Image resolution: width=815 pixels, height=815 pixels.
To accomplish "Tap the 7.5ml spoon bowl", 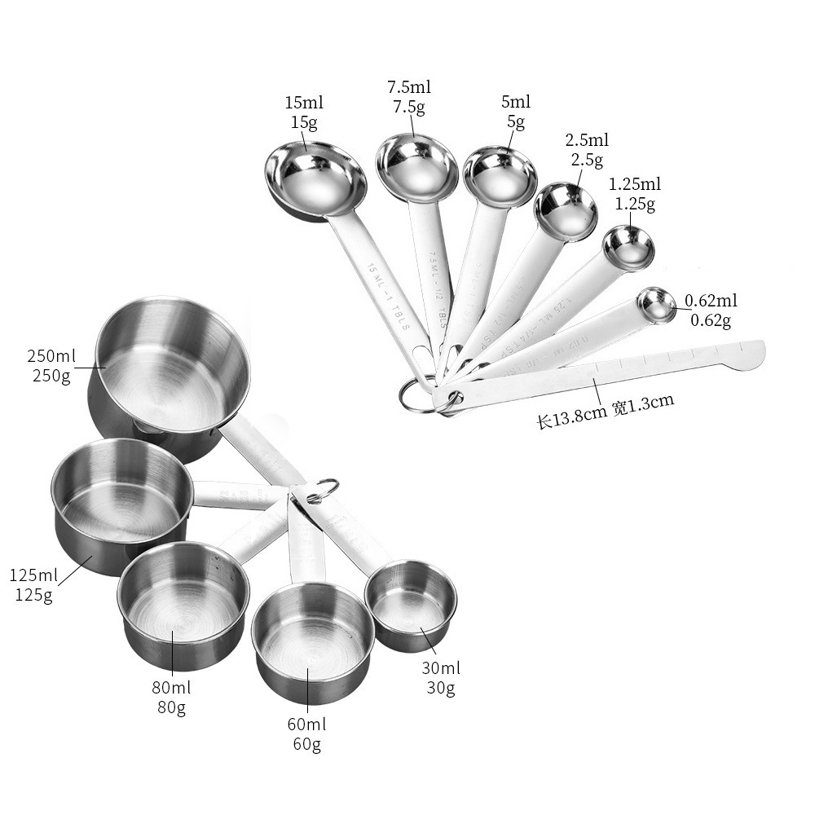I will [x=416, y=167].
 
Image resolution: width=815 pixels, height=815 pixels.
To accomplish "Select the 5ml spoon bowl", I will [x=500, y=176].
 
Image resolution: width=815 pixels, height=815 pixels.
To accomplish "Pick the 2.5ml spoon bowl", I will [x=565, y=211].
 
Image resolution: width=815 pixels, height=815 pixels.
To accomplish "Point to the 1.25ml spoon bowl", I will [x=628, y=248].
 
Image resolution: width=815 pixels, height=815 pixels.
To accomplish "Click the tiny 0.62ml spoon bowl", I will [x=656, y=304].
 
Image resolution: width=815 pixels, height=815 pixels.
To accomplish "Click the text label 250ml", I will [x=51, y=356].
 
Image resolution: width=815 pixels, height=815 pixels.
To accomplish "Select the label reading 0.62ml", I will [x=711, y=301].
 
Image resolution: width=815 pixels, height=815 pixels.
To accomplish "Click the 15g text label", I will [x=303, y=122].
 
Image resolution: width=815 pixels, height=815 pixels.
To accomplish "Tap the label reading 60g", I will [x=306, y=744].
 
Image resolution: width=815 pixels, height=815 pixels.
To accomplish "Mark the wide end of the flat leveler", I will [x=746, y=354].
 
